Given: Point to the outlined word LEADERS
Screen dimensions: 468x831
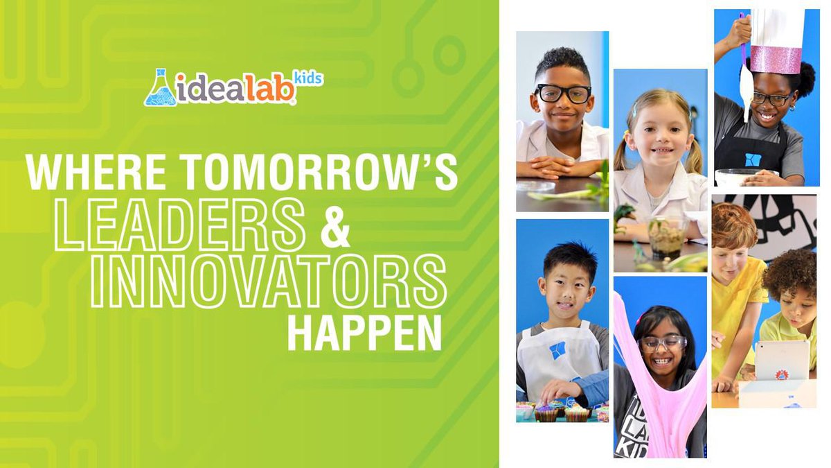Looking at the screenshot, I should (x=180, y=228).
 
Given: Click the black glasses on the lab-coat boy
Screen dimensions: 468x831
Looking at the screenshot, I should (x=563, y=94).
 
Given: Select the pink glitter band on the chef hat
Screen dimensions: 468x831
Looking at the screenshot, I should (x=775, y=60).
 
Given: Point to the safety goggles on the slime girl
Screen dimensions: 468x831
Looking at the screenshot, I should (x=663, y=342).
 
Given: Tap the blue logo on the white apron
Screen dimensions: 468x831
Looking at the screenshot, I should (x=557, y=350).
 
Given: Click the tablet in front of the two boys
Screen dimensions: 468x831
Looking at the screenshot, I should (x=782, y=361).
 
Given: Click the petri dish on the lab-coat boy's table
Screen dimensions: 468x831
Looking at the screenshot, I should (x=535, y=187).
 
